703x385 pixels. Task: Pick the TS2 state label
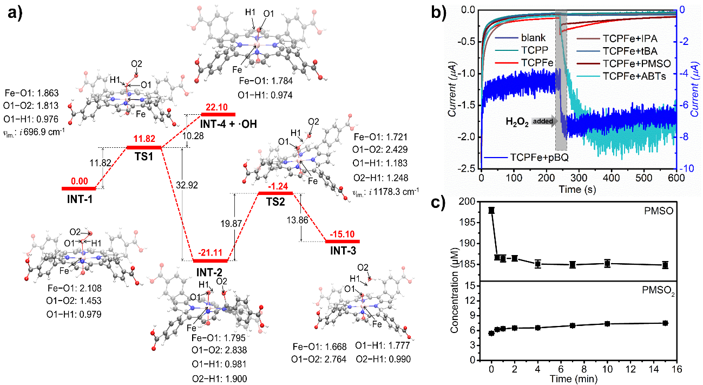275,203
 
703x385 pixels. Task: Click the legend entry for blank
534,38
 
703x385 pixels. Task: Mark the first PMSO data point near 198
491,210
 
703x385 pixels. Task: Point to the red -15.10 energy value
342,235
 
